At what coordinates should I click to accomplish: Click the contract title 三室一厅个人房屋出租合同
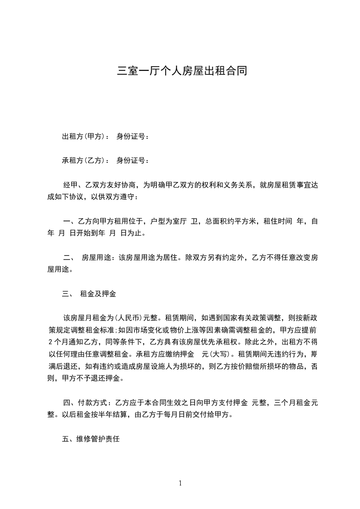[x=182, y=71]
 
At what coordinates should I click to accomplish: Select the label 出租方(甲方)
[x=84, y=136]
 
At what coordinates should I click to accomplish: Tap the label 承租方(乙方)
[x=84, y=160]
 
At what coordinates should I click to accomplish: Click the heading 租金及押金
[x=98, y=294]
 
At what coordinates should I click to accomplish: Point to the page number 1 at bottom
[x=180, y=483]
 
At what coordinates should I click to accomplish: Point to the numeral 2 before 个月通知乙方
[x=50, y=342]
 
